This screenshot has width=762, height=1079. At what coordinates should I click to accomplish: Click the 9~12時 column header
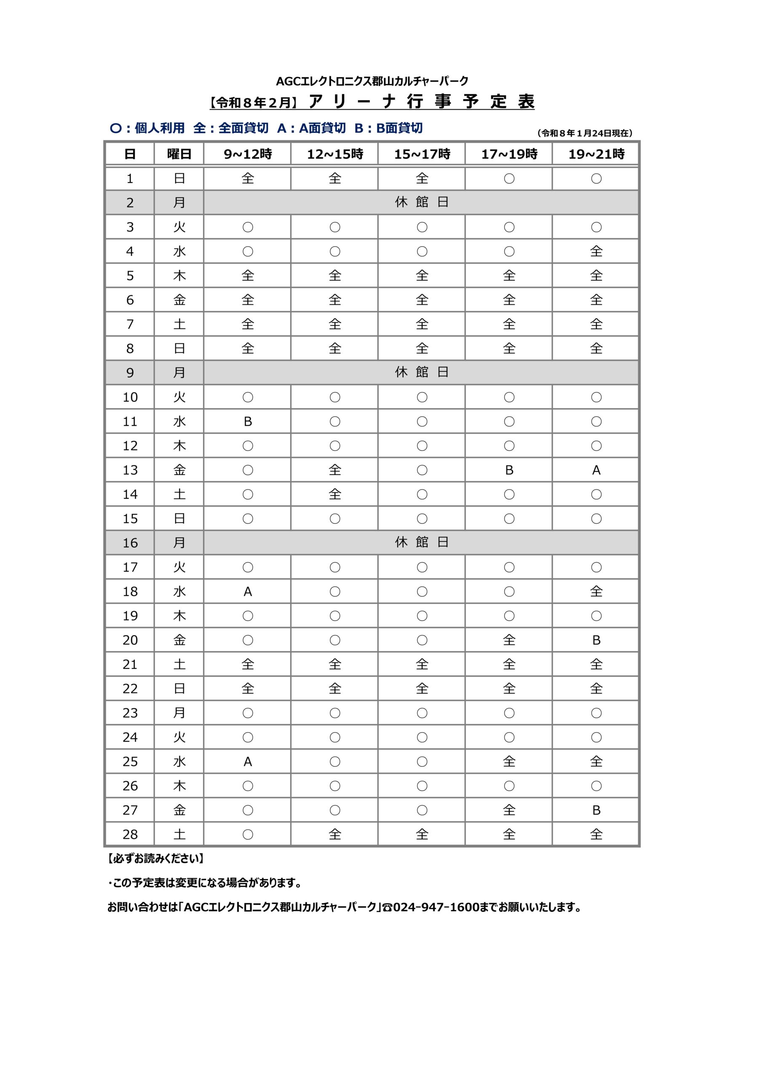coord(248,154)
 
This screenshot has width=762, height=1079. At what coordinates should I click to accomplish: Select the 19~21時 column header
coord(596,154)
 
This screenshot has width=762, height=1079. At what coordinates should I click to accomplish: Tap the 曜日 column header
coord(179,154)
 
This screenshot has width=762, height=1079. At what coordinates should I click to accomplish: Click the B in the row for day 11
coord(248,421)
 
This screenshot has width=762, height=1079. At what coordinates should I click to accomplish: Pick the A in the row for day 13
coord(596,470)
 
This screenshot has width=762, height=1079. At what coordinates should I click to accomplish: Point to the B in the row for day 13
coord(509,470)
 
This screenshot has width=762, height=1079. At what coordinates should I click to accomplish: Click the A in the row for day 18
coord(248,592)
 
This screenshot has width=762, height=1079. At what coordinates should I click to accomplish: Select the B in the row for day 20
coord(596,640)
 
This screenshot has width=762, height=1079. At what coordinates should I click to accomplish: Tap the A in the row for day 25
coord(248,762)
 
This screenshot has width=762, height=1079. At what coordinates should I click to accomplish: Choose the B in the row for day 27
coord(596,810)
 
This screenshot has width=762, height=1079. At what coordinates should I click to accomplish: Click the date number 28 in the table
coord(130,835)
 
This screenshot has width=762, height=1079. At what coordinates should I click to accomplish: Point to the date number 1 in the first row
coord(130,179)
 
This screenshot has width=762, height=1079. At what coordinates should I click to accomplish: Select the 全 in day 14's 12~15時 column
coord(335,494)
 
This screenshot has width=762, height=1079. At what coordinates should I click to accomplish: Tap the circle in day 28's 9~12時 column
coord(248,835)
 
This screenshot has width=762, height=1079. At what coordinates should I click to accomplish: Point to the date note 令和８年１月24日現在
coord(585,134)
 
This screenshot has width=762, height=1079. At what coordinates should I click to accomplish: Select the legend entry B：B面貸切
coord(388,128)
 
